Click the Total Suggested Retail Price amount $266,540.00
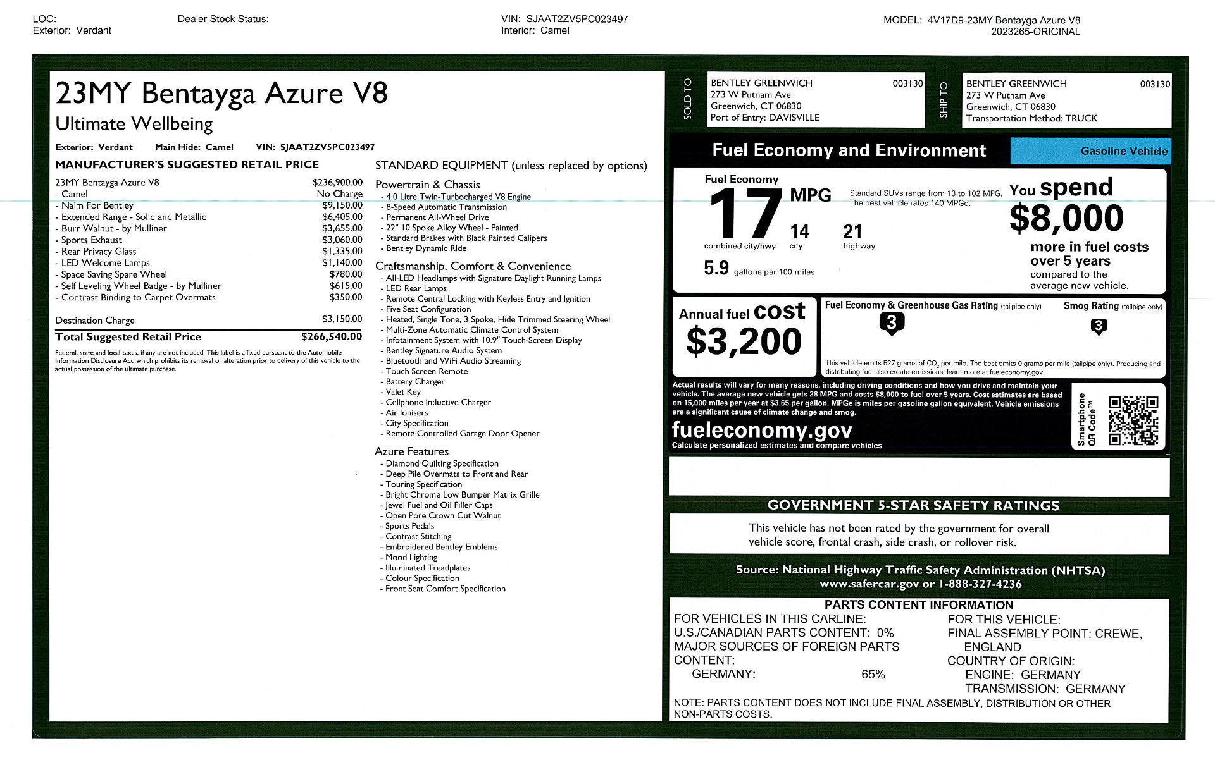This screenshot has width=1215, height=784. pyautogui.click(x=331, y=337)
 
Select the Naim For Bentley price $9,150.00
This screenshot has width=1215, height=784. pyautogui.click(x=342, y=205)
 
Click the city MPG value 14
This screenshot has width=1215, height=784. pyautogui.click(x=799, y=231)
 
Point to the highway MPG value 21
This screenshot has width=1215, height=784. pyautogui.click(x=852, y=231)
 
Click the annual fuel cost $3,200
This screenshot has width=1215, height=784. pyautogui.click(x=744, y=341)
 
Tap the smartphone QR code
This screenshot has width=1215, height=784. pyautogui.click(x=1133, y=420)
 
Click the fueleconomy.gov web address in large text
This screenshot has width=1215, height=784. pyautogui.click(x=762, y=430)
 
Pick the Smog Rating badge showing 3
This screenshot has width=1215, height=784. pyautogui.click(x=1099, y=326)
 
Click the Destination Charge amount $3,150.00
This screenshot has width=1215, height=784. pyautogui.click(x=342, y=319)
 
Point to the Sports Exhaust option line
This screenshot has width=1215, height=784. pyautogui.click(x=92, y=240)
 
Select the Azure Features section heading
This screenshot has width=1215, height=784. pyautogui.click(x=411, y=451)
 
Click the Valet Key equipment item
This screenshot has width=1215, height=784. pyautogui.click(x=403, y=392)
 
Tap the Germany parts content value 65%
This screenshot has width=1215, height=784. pyautogui.click(x=873, y=675)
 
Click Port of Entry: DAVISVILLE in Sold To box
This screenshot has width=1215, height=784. pyautogui.click(x=764, y=118)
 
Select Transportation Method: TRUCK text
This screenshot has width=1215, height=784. pyautogui.click(x=1031, y=118)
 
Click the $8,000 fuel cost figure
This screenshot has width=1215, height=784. pyautogui.click(x=1066, y=218)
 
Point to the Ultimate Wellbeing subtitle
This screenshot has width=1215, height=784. pyautogui.click(x=134, y=124)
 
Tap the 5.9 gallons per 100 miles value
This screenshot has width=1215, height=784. pyautogui.click(x=716, y=269)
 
